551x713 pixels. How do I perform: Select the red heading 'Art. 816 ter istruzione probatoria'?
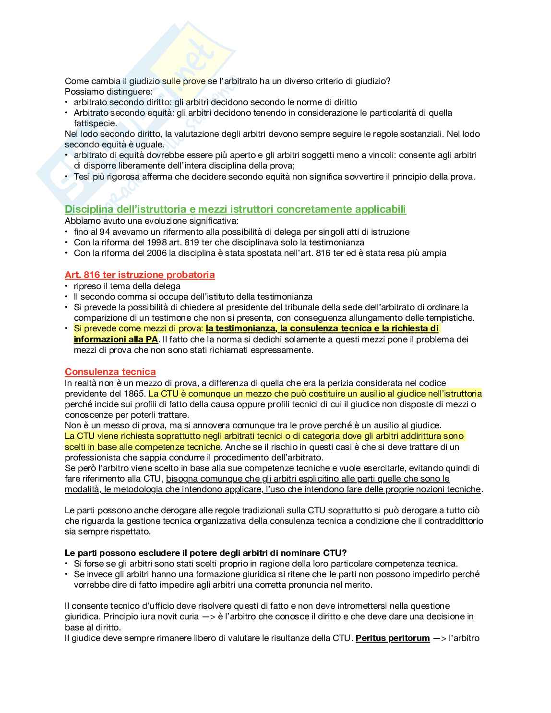coord(140,275)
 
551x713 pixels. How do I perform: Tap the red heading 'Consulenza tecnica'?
coord(110,372)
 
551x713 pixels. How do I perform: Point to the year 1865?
coord(134,394)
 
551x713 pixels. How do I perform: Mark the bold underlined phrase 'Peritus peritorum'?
coord(393,638)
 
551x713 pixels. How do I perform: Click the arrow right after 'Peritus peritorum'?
coord(439,638)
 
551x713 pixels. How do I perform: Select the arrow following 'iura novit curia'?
coord(209,616)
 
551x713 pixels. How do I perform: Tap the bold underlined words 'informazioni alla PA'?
coord(116,339)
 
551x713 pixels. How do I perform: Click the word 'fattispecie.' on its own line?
coord(96,123)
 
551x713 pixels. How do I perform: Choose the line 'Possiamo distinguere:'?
coord(108,92)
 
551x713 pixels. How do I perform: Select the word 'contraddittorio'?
coord(454,521)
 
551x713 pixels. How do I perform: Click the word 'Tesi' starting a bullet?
coord(82,177)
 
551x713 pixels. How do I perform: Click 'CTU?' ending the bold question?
coord(335,553)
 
